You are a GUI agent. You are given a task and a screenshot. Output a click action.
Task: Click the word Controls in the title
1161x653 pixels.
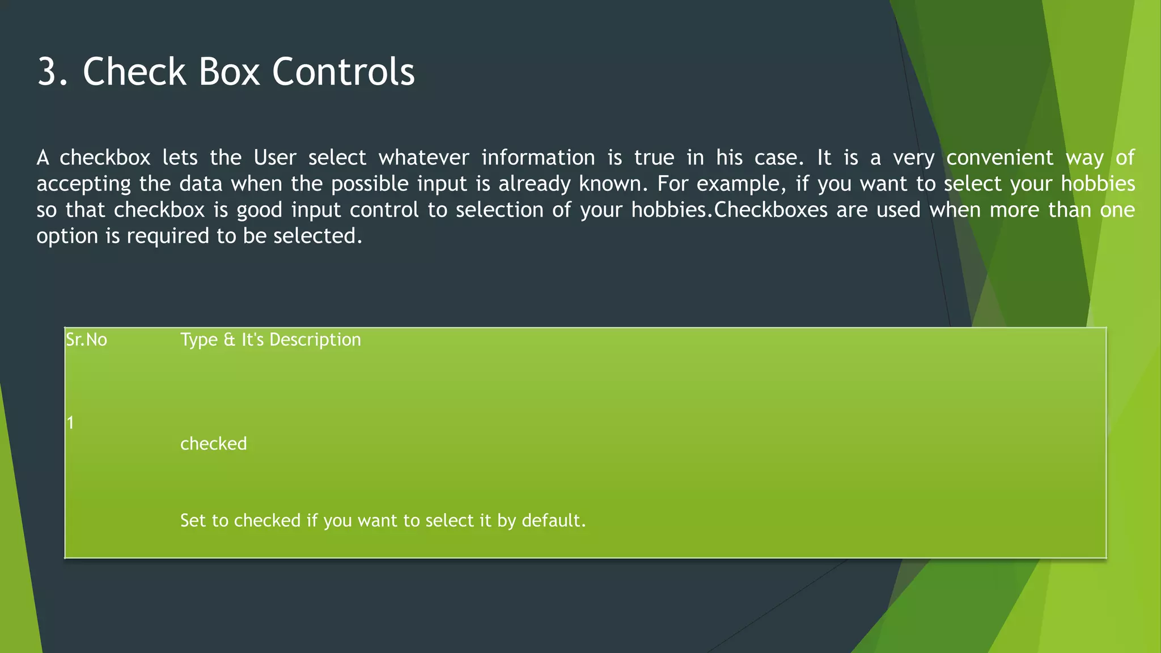[343, 72]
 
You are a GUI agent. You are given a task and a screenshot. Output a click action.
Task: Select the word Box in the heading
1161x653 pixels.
[227, 72]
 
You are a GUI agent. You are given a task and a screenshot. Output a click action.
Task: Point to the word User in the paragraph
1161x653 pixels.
[274, 158]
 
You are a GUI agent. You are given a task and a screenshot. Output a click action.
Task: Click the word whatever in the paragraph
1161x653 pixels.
[423, 158]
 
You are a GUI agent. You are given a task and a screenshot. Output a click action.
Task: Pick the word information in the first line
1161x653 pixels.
[538, 158]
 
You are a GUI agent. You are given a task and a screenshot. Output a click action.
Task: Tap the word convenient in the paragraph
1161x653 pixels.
[999, 158]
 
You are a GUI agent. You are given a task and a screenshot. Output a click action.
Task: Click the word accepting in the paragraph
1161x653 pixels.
[83, 184]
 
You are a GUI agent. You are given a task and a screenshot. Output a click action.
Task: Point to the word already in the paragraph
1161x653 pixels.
[532, 184]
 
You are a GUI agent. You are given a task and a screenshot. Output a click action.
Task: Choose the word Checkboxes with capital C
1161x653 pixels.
[770, 210]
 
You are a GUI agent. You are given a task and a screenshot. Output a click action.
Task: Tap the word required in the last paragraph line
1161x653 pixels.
[168, 236]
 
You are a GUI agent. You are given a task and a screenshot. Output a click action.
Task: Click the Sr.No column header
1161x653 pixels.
[86, 340]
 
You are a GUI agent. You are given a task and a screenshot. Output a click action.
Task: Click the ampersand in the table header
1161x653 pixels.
[229, 340]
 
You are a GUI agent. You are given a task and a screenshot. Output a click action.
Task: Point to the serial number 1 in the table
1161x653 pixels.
[70, 423]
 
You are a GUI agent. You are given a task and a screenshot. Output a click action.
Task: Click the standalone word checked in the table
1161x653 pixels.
[213, 444]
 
